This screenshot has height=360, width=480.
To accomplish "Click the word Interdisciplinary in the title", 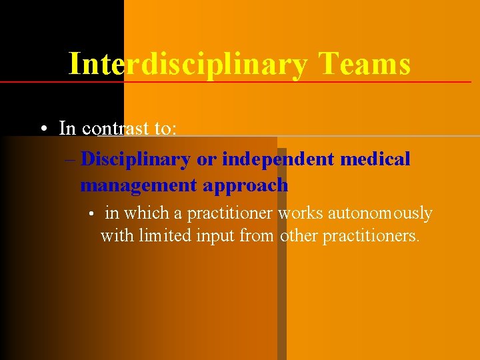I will pos(188,65).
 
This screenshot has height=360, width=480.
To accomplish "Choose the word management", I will pos(138,185).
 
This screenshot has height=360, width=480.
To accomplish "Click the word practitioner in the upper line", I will pos(230,213).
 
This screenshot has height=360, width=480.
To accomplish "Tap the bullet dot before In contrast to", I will pos(43,128).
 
